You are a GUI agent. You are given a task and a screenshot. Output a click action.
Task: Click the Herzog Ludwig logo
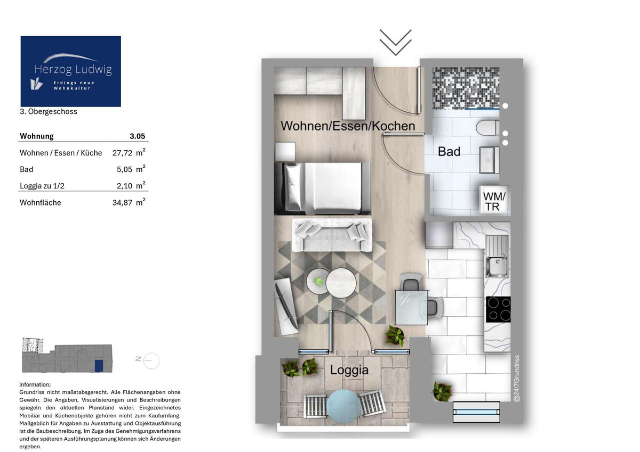[x=70, y=71]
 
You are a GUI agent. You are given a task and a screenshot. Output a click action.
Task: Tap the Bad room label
[x=449, y=152]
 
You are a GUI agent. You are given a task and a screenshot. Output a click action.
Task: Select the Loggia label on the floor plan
[x=349, y=370]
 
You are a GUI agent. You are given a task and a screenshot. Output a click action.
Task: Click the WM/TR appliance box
[x=494, y=201]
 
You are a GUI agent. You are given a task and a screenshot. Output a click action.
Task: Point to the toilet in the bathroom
[x=487, y=128]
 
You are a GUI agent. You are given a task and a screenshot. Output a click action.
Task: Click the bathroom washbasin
[x=489, y=160]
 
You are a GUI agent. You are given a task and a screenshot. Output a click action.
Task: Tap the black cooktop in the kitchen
[x=498, y=309]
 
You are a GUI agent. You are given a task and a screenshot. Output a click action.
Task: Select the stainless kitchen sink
[x=498, y=256]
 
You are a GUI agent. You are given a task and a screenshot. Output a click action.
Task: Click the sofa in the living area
[x=332, y=235]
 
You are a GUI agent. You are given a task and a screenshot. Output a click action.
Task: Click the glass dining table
[x=411, y=307]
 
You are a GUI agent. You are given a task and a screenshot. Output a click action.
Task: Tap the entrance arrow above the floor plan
[x=395, y=42]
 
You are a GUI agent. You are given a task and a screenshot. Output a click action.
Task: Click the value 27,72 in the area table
[x=122, y=153]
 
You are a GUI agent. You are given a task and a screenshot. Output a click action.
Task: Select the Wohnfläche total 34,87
[x=122, y=203]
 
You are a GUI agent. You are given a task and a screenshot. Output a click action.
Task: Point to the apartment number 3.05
[x=138, y=136]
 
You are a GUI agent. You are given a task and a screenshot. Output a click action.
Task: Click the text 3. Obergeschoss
[x=49, y=111]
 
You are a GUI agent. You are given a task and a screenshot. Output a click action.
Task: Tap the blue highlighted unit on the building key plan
[x=99, y=366]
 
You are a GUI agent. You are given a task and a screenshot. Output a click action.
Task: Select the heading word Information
[x=35, y=384]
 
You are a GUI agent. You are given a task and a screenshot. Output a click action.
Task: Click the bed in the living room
[x=323, y=188]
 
